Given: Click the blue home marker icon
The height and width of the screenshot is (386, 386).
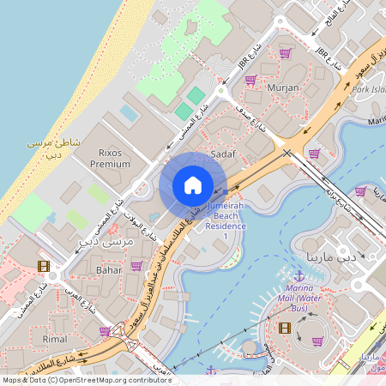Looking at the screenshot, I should (x=193, y=184).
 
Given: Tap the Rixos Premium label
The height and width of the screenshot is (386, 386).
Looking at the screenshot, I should (x=110, y=158).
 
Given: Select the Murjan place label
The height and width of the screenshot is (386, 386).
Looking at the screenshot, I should (x=283, y=87).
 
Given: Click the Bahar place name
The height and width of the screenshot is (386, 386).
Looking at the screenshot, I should (x=109, y=269).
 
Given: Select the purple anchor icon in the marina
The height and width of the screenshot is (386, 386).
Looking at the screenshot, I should (x=299, y=276).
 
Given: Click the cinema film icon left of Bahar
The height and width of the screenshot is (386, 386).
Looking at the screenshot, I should (x=44, y=265).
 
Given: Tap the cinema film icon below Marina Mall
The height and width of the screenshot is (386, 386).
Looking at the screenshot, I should (x=285, y=328).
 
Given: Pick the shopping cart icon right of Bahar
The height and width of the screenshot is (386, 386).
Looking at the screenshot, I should (x=136, y=266).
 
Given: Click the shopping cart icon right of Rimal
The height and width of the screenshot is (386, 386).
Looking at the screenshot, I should (x=105, y=331).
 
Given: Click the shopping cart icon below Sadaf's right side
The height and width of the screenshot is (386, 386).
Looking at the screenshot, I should (x=315, y=154).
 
